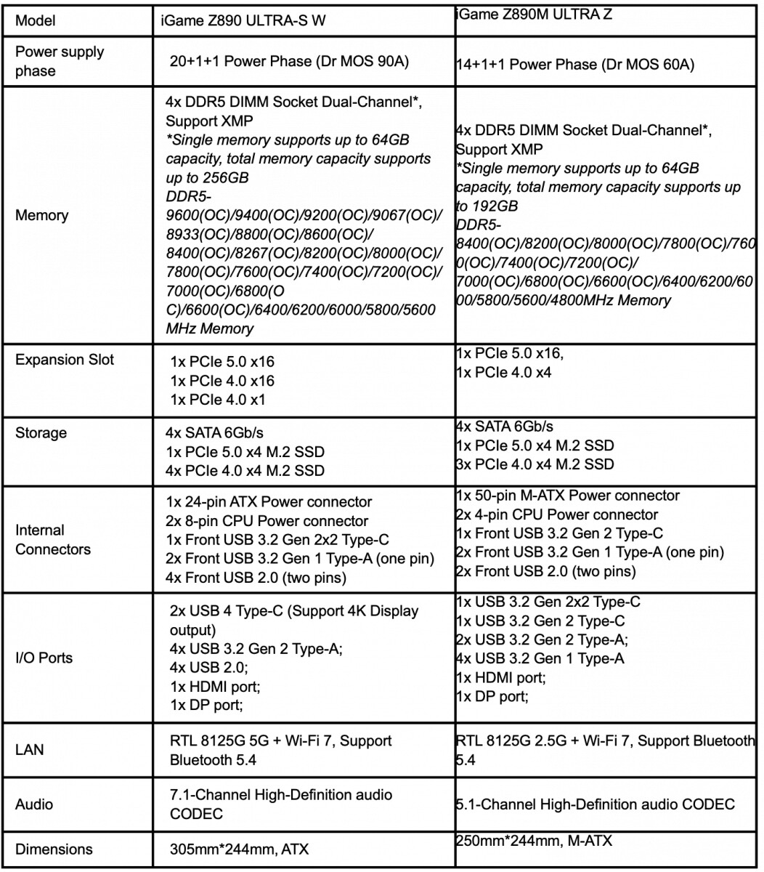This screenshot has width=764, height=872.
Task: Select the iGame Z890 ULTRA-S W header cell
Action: (x=243, y=21)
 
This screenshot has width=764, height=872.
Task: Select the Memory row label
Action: (x=42, y=215)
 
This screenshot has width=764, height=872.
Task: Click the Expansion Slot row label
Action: (x=65, y=360)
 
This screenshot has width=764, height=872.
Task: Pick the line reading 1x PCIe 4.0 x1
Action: (x=222, y=399)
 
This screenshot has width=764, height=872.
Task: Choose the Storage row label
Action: (x=41, y=433)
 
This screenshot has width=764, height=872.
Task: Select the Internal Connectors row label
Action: (x=53, y=540)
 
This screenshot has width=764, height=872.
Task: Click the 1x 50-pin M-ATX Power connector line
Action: (x=567, y=496)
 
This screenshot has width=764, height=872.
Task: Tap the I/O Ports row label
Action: (x=44, y=658)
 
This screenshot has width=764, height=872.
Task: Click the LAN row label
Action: (x=29, y=749)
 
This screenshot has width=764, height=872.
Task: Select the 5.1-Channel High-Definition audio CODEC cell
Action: (x=595, y=804)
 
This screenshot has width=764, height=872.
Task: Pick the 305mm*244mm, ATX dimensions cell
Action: (x=239, y=849)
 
